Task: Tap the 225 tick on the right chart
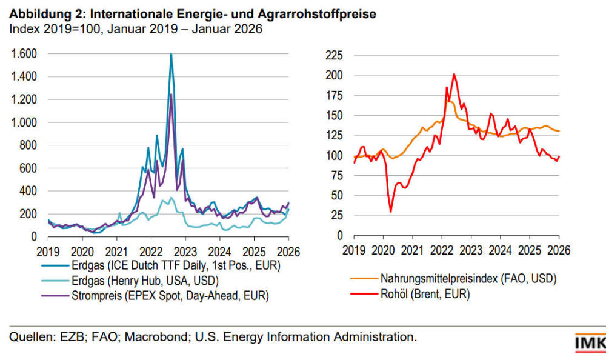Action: pyautogui.click(x=335, y=56)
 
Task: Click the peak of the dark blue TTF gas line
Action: pyautogui.click(x=171, y=55)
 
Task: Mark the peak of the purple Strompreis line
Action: pyautogui.click(x=171, y=95)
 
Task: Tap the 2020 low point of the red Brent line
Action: pyautogui.click(x=390, y=211)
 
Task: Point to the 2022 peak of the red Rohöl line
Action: pyautogui.click(x=454, y=75)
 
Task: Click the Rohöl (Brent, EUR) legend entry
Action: pyautogui.click(x=425, y=295)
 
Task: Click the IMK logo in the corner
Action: pyautogui.click(x=590, y=344)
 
